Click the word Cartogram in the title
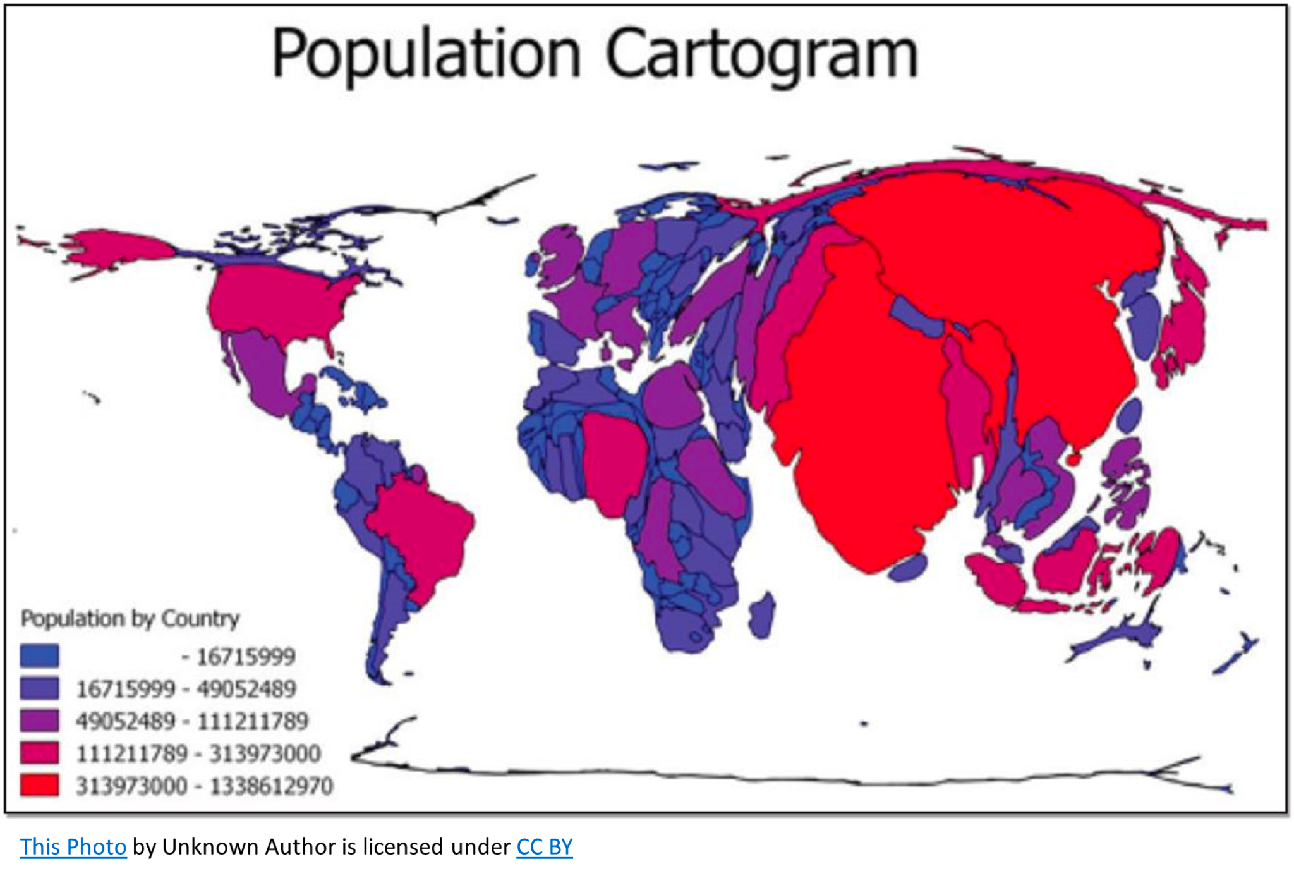coord(761,56)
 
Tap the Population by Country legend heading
coord(130,618)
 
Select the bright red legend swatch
coord(39,785)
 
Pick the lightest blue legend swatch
coord(39,655)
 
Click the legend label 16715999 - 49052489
coord(186,689)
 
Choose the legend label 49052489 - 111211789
coord(192,721)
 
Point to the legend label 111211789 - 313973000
coord(198,753)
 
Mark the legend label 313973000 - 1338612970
coord(204,786)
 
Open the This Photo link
coord(73,847)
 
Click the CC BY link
coord(544,847)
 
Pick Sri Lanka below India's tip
coord(908,568)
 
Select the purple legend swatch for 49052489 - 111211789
coord(39,721)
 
